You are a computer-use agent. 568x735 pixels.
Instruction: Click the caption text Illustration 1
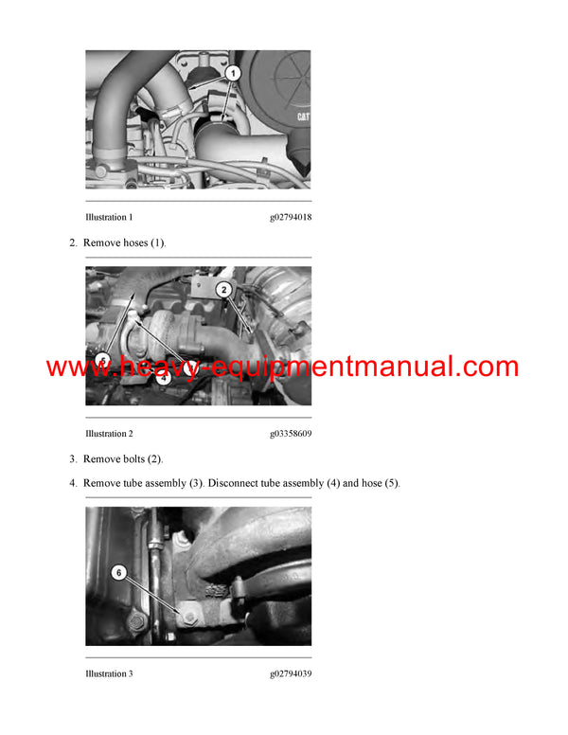pyautogui.click(x=109, y=218)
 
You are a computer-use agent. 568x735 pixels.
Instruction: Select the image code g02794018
pyautogui.click(x=290, y=218)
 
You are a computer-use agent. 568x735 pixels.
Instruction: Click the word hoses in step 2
pyautogui.click(x=134, y=243)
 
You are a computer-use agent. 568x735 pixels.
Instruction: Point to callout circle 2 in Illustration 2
pyautogui.click(x=223, y=289)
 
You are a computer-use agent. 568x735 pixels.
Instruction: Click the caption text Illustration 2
pyautogui.click(x=109, y=434)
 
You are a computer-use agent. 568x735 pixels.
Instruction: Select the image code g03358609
pyautogui.click(x=290, y=434)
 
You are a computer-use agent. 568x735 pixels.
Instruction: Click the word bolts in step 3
pyautogui.click(x=133, y=459)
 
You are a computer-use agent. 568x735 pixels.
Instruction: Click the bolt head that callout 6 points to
pyautogui.click(x=188, y=618)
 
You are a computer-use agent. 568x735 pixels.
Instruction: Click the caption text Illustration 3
pyautogui.click(x=109, y=674)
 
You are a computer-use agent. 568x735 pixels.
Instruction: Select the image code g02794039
pyautogui.click(x=290, y=674)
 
